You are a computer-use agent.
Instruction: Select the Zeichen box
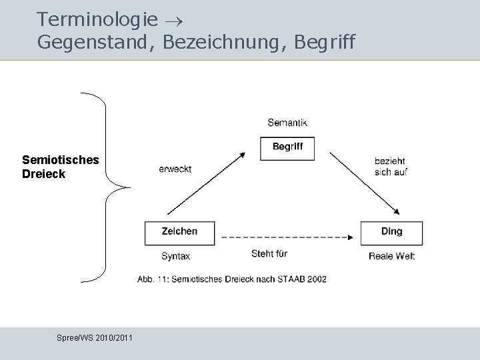[180, 232]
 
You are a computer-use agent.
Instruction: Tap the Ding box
[391, 232]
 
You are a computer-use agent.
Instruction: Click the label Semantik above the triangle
[287, 123]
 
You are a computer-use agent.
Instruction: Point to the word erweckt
[175, 169]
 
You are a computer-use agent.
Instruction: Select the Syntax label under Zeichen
[175, 256]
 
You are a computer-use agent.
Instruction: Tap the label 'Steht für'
[269, 253]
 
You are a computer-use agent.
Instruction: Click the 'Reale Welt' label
[391, 256]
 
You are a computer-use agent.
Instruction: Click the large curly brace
[107, 187]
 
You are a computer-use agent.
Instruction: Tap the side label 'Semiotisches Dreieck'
[60, 167]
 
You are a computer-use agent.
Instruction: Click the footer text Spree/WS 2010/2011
[95, 338]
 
